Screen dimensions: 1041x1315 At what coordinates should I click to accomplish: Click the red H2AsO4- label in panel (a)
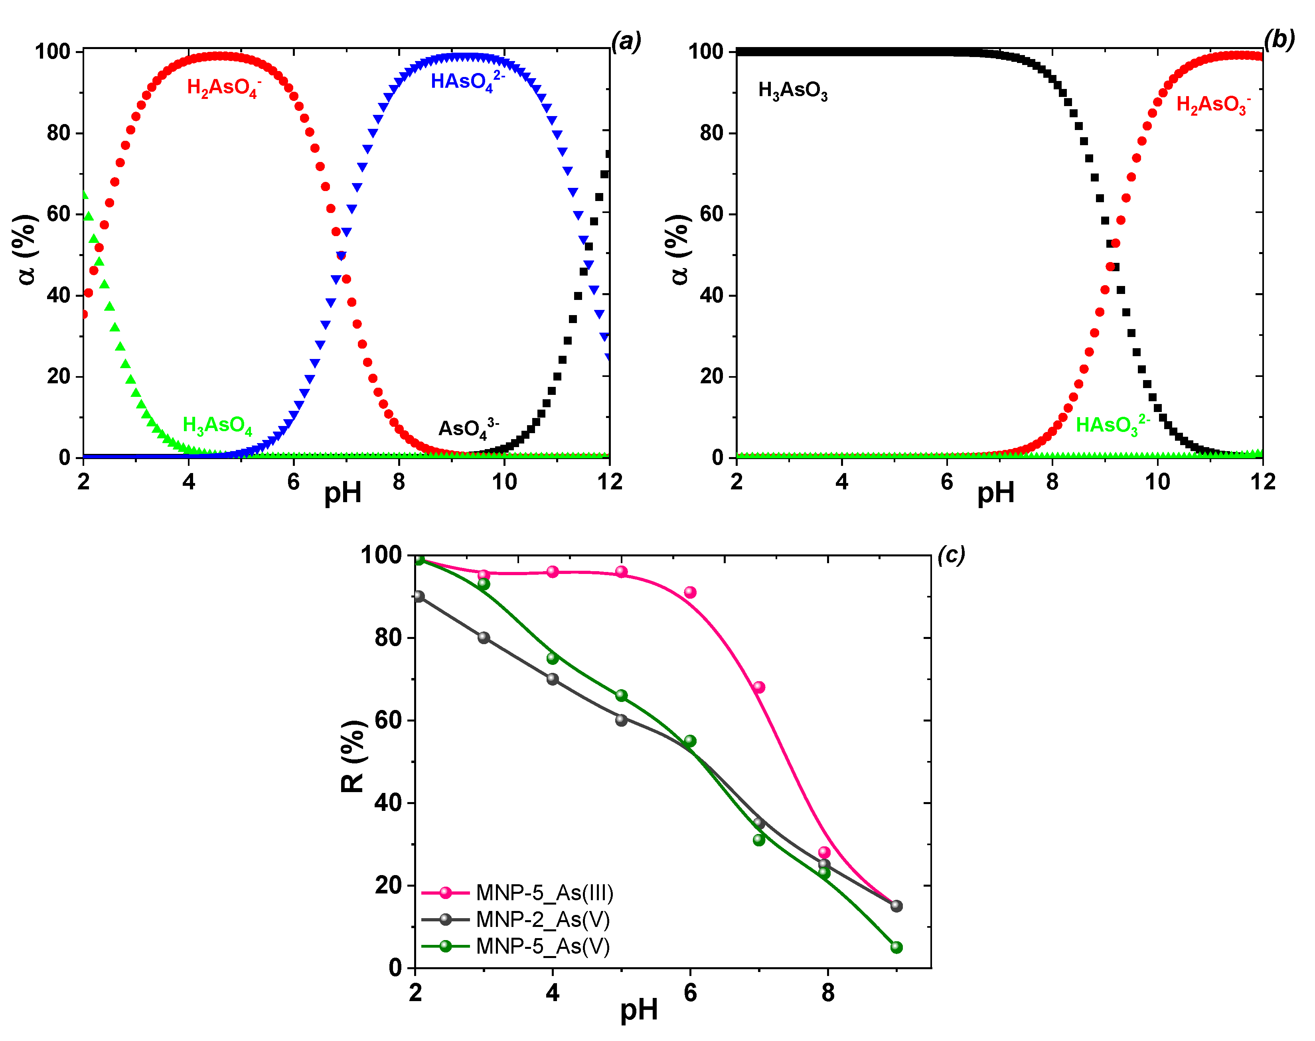coord(223,88)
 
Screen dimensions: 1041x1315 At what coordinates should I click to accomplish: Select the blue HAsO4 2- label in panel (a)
coord(467,81)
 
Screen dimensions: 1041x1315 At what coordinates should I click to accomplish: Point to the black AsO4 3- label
coord(468,428)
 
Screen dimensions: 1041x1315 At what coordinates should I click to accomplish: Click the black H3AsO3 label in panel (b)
coord(792,91)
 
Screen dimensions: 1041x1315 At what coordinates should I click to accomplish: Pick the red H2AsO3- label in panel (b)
coord(1212,104)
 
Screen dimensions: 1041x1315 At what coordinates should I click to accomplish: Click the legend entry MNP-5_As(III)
coord(544,893)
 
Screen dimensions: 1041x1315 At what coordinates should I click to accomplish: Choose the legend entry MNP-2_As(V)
coord(543,919)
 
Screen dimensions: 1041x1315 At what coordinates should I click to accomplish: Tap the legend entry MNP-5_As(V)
coord(543,946)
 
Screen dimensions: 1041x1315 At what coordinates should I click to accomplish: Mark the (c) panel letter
coord(951,555)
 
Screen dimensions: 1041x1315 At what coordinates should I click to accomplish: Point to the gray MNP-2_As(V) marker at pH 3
coord(484,637)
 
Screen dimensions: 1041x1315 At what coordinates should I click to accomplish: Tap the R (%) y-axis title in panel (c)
coord(353,756)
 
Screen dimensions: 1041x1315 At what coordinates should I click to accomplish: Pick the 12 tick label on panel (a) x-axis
coord(609,482)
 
